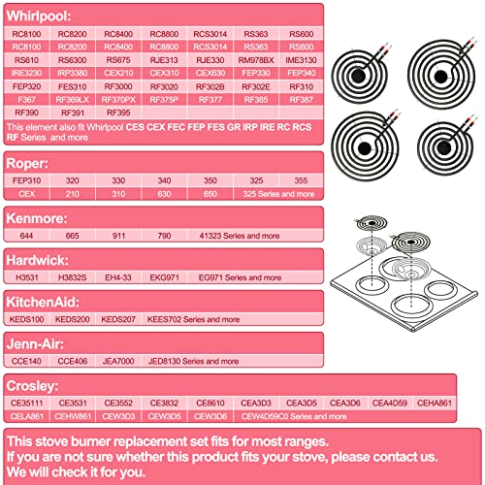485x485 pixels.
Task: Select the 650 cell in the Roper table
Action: tap(210, 194)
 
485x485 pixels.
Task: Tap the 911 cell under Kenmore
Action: tap(117, 236)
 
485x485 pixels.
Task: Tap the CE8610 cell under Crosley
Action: tap(210, 402)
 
